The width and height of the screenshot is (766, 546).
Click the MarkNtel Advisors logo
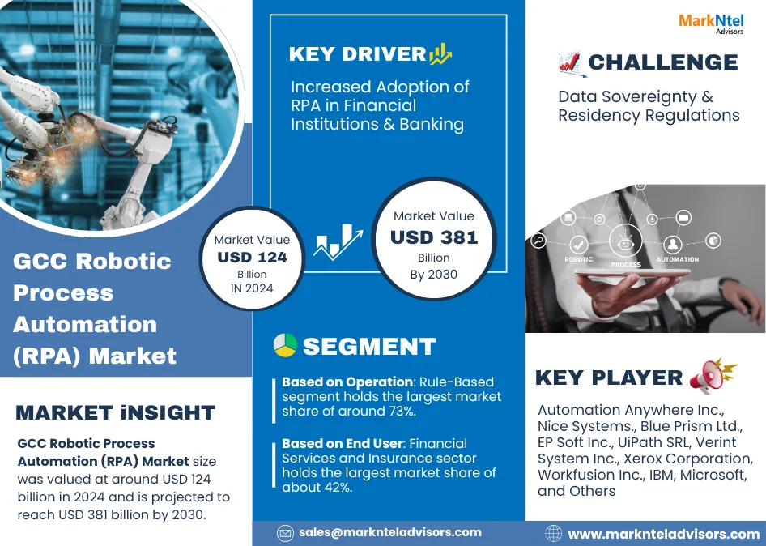click(x=711, y=23)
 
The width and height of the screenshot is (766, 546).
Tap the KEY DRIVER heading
click(x=357, y=55)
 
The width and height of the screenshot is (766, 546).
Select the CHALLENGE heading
click(x=663, y=62)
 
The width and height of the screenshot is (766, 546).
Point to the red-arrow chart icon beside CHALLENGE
click(x=570, y=62)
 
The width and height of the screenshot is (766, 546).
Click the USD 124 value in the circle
click(x=252, y=258)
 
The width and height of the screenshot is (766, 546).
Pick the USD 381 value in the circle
click(x=434, y=237)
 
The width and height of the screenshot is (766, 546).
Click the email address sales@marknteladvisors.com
click(x=390, y=532)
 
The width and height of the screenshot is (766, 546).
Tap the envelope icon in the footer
click(x=285, y=533)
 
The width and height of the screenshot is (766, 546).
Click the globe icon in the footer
click(x=554, y=534)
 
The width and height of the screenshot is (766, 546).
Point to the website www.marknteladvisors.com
click(x=664, y=534)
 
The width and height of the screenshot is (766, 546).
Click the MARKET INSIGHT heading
click(x=115, y=412)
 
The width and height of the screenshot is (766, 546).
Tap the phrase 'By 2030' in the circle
click(x=434, y=274)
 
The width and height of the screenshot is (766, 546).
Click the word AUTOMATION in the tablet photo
click(x=677, y=260)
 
